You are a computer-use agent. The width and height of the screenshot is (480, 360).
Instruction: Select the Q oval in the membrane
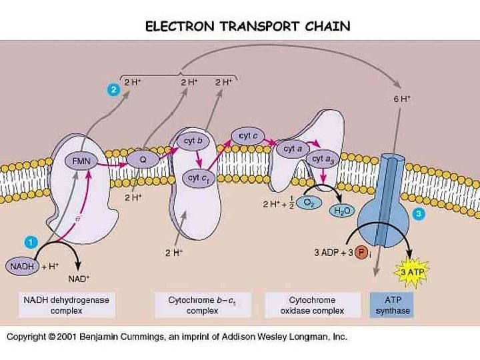pyautogui.click(x=142, y=159)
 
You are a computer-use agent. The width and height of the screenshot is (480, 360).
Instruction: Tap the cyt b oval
pyautogui.click(x=193, y=141)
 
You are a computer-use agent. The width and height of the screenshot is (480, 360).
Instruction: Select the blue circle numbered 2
pyautogui.click(x=114, y=90)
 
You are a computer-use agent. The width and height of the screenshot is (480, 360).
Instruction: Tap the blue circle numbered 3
pyautogui.click(x=418, y=214)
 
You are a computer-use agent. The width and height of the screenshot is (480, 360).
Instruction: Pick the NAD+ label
pyautogui.click(x=79, y=279)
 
